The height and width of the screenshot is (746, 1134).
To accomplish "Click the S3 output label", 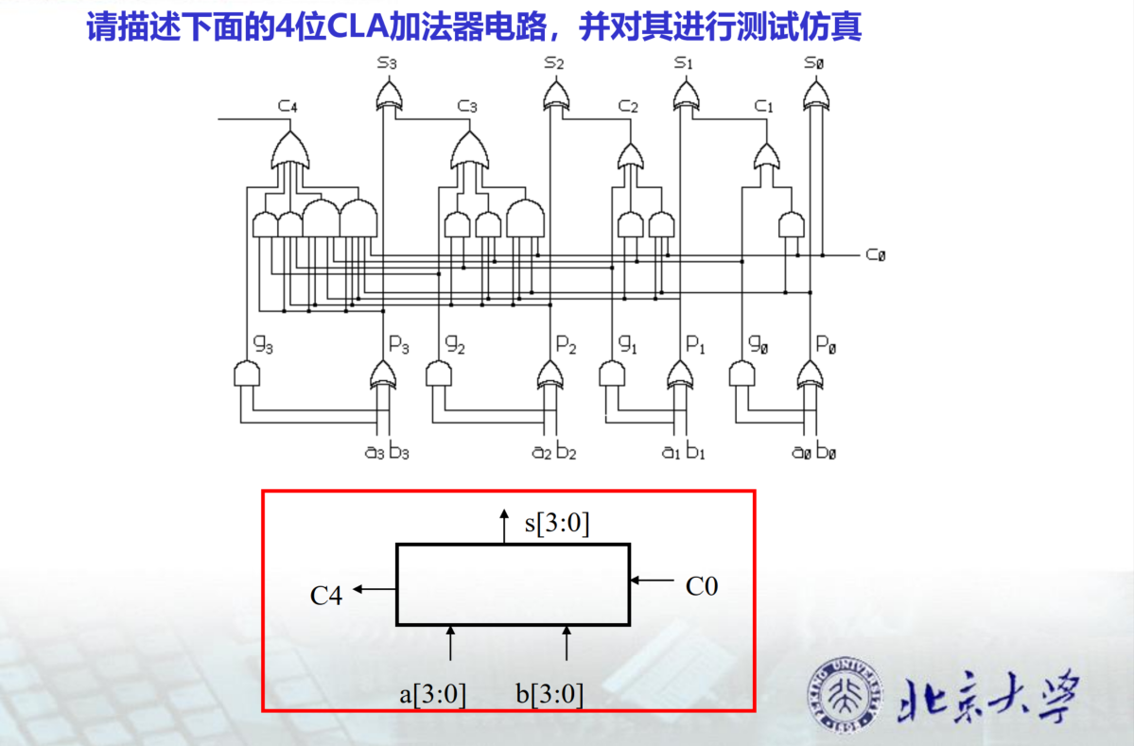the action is (x=388, y=63).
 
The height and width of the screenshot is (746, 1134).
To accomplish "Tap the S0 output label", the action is (x=813, y=63).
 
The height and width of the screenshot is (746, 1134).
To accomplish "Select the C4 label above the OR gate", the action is (x=288, y=106).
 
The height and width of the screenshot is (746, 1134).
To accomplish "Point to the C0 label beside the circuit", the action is (x=875, y=255).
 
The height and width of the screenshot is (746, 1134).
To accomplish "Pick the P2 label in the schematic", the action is (x=566, y=346).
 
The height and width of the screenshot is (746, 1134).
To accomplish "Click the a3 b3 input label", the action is (x=387, y=451).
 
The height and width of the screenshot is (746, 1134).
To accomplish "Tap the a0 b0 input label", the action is (x=813, y=451).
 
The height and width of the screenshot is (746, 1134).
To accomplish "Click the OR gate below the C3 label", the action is (x=466, y=148).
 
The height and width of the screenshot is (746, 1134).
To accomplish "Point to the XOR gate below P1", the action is (x=679, y=374).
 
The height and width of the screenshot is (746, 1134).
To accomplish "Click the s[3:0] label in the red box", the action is (x=557, y=523).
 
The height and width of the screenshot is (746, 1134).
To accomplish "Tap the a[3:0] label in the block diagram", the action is (x=433, y=694).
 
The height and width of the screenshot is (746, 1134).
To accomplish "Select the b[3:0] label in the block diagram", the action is (x=550, y=694).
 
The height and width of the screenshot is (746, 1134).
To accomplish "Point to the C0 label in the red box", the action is (x=702, y=586).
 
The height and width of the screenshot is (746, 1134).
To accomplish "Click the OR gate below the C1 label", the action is (x=768, y=154).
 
